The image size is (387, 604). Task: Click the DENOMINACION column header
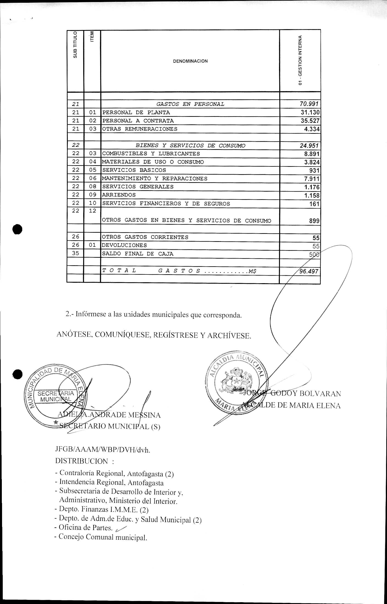[190, 61]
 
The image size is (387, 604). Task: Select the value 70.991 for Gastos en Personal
[309, 104]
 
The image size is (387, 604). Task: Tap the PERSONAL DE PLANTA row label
[136, 112]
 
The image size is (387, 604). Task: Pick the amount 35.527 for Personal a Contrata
[310, 121]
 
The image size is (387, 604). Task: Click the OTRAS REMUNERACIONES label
[139, 129]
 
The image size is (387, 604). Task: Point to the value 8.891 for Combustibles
[312, 154]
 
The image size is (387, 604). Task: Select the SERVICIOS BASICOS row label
[134, 170]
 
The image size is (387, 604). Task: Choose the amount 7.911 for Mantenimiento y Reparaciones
[312, 179]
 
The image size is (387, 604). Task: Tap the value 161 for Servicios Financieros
[314, 204]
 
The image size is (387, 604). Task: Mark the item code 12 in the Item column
[92, 211]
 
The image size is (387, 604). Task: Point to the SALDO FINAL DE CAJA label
[138, 254]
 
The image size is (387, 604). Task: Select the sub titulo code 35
[75, 253]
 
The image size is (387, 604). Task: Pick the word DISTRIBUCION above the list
[81, 461]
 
